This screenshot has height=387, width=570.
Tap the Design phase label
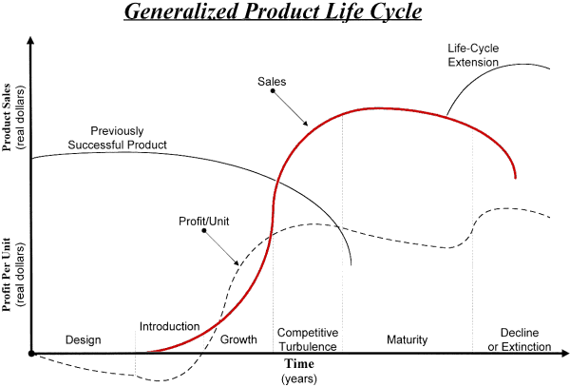pos(83,339)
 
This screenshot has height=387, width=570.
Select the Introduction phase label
pos(169,325)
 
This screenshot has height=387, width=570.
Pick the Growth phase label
pos(238,339)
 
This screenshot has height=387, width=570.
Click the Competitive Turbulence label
pos(308,339)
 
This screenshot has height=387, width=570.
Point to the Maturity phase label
pos(408,339)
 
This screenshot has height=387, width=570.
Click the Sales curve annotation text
pos(273,82)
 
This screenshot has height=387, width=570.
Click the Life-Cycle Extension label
pos(474,54)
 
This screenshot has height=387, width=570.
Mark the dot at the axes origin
pos(32,354)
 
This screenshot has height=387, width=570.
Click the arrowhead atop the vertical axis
pos(32,41)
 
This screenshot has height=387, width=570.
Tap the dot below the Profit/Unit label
pos(203,233)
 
